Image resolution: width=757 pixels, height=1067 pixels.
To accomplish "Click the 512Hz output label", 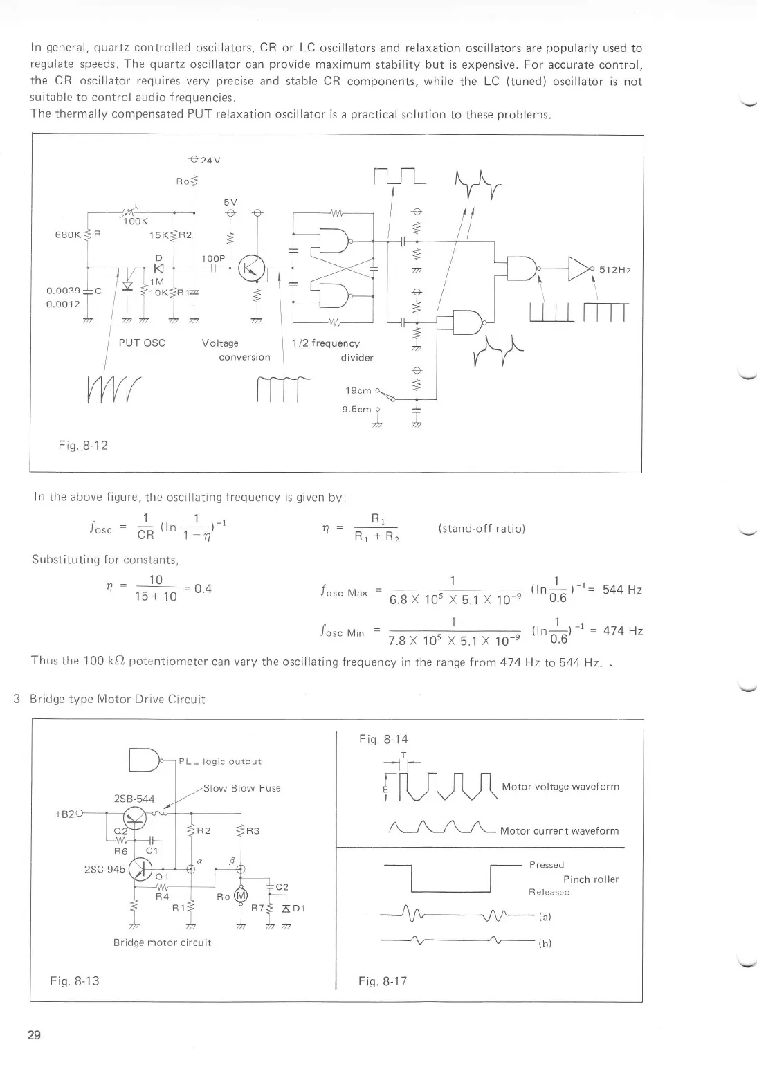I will (x=615, y=269).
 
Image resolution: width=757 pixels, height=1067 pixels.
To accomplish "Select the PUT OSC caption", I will (x=142, y=343).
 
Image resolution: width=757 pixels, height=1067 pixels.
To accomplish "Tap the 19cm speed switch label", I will (x=357, y=391).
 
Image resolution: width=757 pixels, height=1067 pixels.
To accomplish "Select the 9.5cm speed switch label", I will (x=357, y=409).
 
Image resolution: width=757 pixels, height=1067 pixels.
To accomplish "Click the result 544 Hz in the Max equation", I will (x=623, y=590).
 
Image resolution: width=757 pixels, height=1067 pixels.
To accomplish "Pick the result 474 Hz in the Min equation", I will (x=623, y=631).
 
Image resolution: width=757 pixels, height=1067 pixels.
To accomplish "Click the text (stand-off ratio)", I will (x=481, y=529).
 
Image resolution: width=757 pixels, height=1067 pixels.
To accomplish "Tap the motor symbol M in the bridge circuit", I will (x=241, y=896).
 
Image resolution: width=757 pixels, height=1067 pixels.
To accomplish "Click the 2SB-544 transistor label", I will (x=134, y=799).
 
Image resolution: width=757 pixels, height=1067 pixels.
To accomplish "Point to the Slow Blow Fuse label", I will (x=241, y=788).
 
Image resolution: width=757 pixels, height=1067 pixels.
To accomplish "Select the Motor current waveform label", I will (x=559, y=830).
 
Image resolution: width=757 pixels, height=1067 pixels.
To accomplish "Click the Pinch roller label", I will (x=590, y=879).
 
